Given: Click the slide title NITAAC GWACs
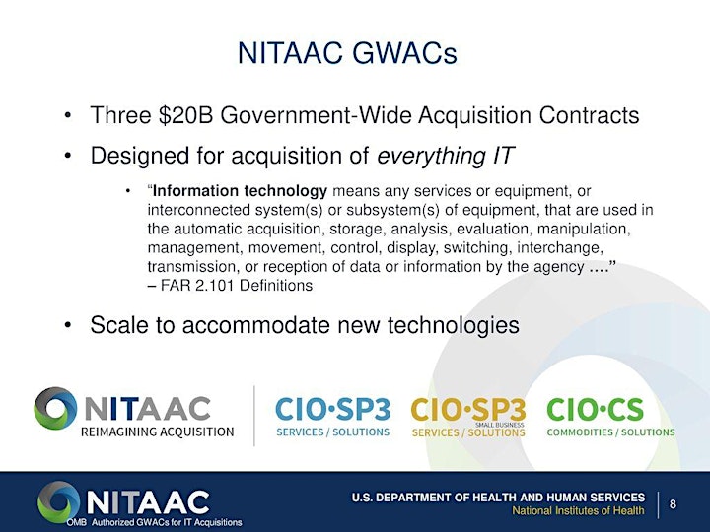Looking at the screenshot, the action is pyautogui.click(x=347, y=53).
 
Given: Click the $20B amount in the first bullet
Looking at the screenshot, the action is pyautogui.click(x=185, y=115).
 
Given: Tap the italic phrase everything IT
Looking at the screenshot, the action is pyautogui.click(x=446, y=156).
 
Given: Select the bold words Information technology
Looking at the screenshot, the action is pyautogui.click(x=240, y=191).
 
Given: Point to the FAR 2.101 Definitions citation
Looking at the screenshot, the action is pyautogui.click(x=230, y=286).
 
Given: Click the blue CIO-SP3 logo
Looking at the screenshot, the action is pyautogui.click(x=333, y=417).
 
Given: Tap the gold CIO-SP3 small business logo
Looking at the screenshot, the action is pyautogui.click(x=468, y=417).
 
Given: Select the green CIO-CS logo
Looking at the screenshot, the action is pyautogui.click(x=610, y=417).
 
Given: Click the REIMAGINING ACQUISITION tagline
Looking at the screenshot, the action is pyautogui.click(x=157, y=432).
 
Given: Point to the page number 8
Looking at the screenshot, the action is pyautogui.click(x=673, y=504).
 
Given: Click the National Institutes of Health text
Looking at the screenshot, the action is pyautogui.click(x=578, y=511).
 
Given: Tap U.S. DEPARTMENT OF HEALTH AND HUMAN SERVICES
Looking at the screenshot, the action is pyautogui.click(x=498, y=498).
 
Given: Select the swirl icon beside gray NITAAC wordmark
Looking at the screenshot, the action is pyautogui.click(x=55, y=409).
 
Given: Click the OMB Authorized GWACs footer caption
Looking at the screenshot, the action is pyautogui.click(x=155, y=522).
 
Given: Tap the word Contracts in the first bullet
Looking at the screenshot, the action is pyautogui.click(x=589, y=115).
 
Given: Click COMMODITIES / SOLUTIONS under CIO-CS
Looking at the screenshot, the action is pyautogui.click(x=610, y=432).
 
